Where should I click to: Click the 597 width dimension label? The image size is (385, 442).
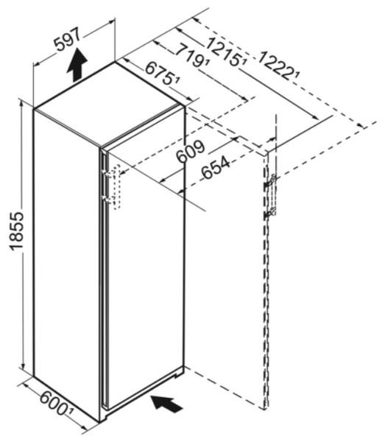(x=67, y=39)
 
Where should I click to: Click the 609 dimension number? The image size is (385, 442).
(x=190, y=151)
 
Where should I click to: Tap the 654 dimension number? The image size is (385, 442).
(x=216, y=168)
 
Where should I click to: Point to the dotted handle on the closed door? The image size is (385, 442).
(x=117, y=186)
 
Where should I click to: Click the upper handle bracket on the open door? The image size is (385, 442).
(x=270, y=182)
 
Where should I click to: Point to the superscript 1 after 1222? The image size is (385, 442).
(x=297, y=74)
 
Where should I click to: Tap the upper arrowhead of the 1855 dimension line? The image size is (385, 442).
(x=21, y=103)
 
